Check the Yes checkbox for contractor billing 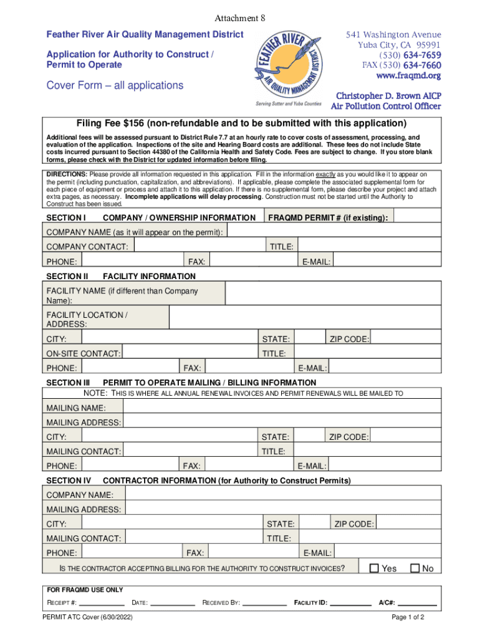(x=374, y=568)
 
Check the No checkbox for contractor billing (x=415, y=568)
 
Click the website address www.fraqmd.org (x=408, y=75)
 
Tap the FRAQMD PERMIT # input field (x=416, y=217)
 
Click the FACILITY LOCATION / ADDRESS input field (x=303, y=319)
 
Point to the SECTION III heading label (x=68, y=383)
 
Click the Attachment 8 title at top (x=240, y=19)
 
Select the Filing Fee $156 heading (x=241, y=123)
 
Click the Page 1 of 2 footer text (x=408, y=618)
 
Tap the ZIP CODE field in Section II (x=404, y=339)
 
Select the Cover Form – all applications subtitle (x=115, y=85)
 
